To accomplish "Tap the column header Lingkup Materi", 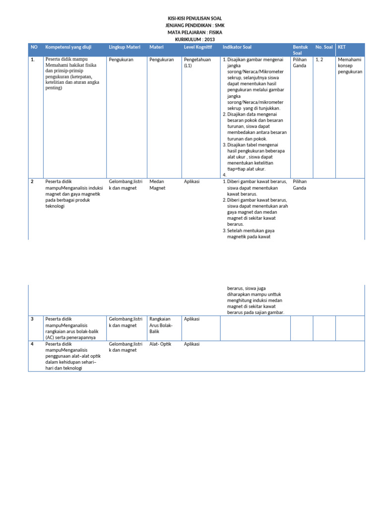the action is click(x=125, y=47).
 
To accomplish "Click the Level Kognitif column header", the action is click(x=197, y=47).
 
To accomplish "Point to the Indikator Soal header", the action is click(x=237, y=47).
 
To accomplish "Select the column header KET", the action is click(x=342, y=47).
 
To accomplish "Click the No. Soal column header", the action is click(x=324, y=47).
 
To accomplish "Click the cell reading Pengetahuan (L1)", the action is click(x=197, y=63).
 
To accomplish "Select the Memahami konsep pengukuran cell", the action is click(x=350, y=65).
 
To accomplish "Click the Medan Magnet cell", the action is click(x=158, y=185).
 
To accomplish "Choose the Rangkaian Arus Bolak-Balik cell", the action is click(x=161, y=325).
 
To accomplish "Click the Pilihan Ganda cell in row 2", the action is click(x=300, y=185).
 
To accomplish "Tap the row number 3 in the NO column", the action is click(x=32, y=319).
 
